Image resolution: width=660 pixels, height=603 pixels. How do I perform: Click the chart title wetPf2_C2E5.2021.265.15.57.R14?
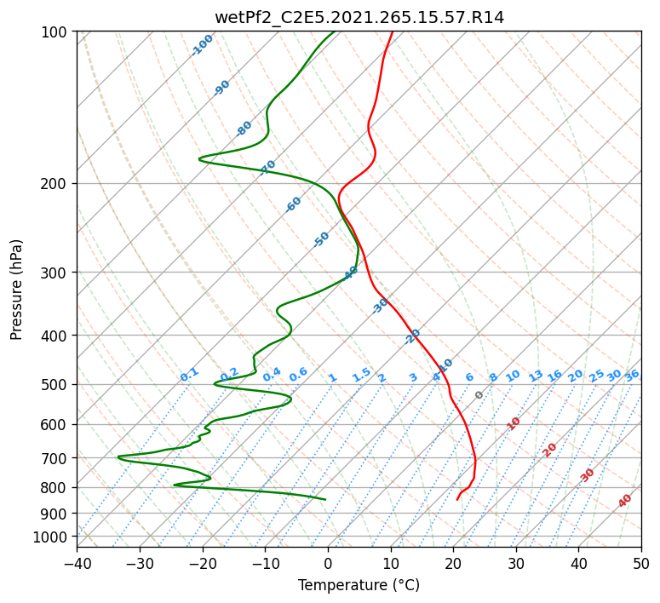pyautogui.click(x=359, y=18)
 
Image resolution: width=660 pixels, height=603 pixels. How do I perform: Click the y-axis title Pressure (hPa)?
pyautogui.click(x=16, y=290)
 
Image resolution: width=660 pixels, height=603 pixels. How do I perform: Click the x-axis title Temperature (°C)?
pyautogui.click(x=359, y=585)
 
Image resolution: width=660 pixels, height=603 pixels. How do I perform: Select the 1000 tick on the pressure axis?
pyautogui.click(x=53, y=537)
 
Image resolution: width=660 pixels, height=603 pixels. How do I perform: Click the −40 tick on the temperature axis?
pyautogui.click(x=77, y=563)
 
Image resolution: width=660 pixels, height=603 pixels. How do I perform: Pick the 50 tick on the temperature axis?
pyautogui.click(x=641, y=563)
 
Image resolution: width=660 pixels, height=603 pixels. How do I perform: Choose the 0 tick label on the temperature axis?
pyautogui.click(x=328, y=563)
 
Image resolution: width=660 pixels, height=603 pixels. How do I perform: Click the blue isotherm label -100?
pyautogui.click(x=202, y=45)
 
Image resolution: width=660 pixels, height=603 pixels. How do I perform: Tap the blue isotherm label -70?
pyautogui.click(x=267, y=167)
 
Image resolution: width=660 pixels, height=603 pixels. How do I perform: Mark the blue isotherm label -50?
pyautogui.click(x=321, y=239)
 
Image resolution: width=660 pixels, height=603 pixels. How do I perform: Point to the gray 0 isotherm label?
pyautogui.click(x=479, y=395)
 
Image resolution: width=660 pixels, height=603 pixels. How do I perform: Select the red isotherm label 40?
pyautogui.click(x=624, y=501)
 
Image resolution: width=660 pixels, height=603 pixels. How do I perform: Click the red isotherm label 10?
pyautogui.click(x=513, y=423)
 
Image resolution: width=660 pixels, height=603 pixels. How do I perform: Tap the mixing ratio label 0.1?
pyautogui.click(x=189, y=375)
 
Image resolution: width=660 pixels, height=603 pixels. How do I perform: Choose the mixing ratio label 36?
pyautogui.click(x=632, y=376)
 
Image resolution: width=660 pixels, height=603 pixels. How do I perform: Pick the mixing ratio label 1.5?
pyautogui.click(x=362, y=375)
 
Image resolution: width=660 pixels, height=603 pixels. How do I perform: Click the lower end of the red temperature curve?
pyautogui.click(x=457, y=500)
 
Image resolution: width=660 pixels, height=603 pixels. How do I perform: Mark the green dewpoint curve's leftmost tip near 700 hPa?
pyautogui.click(x=118, y=457)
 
